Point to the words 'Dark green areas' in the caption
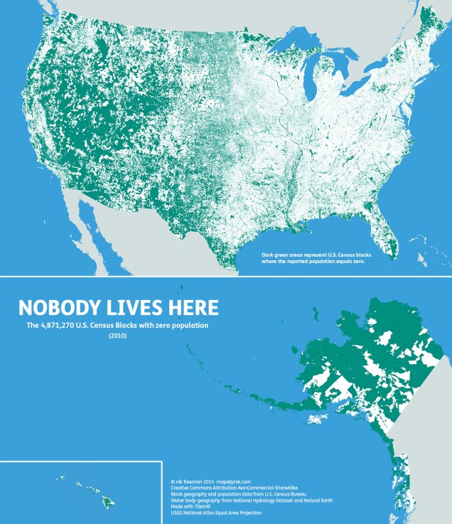click(281, 254)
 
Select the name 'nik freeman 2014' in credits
click(190, 481)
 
